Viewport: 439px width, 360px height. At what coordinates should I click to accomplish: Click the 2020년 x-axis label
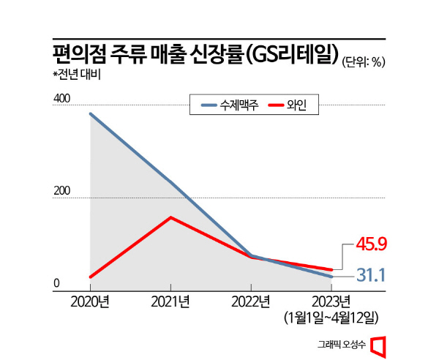(x=90, y=302)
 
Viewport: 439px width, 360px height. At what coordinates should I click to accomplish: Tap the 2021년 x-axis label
(x=170, y=302)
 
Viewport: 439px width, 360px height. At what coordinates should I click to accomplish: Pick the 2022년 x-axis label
(x=251, y=302)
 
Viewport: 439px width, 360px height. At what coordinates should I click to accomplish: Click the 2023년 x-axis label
(x=331, y=302)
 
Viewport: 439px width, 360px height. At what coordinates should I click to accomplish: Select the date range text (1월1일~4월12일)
(x=331, y=318)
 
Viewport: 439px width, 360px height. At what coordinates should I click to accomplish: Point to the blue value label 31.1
(x=371, y=275)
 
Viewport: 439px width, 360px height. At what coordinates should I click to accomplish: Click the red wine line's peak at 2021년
(x=170, y=217)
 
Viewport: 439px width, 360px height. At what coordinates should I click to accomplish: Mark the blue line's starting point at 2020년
(x=90, y=114)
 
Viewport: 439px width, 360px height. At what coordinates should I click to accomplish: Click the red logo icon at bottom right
(x=378, y=345)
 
